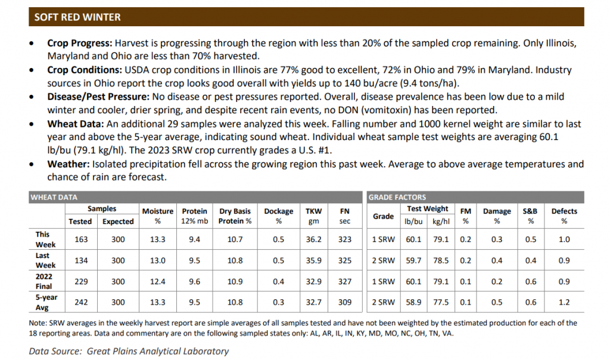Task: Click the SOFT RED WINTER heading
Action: click(x=77, y=17)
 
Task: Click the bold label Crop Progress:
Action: click(x=80, y=44)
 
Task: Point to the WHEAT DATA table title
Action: click(x=54, y=197)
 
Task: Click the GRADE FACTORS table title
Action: click(x=397, y=197)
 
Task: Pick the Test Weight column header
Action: click(x=427, y=209)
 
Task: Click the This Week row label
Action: click(x=45, y=239)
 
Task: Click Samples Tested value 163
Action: click(x=80, y=240)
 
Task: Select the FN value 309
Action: click(x=344, y=302)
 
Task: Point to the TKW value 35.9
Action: click(x=313, y=260)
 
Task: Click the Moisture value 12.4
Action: click(x=158, y=281)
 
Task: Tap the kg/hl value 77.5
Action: click(x=441, y=302)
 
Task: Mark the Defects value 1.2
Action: click(x=564, y=302)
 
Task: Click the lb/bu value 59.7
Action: click(x=413, y=260)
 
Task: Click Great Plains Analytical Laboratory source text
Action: click(x=157, y=351)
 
